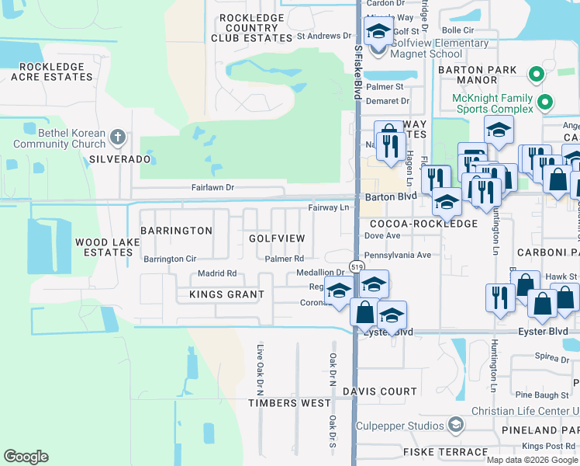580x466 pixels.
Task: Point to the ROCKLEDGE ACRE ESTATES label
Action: [x=47, y=71]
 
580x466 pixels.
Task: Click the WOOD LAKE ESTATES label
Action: [x=108, y=247]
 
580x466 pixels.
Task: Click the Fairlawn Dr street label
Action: [x=212, y=188]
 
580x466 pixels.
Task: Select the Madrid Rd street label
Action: [x=216, y=273]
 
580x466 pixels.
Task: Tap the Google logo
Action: [x=26, y=457]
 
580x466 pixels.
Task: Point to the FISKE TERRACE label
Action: [x=434, y=451]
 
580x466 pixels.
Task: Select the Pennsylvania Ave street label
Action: [x=397, y=255]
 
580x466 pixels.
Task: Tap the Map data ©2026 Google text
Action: [x=532, y=460]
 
